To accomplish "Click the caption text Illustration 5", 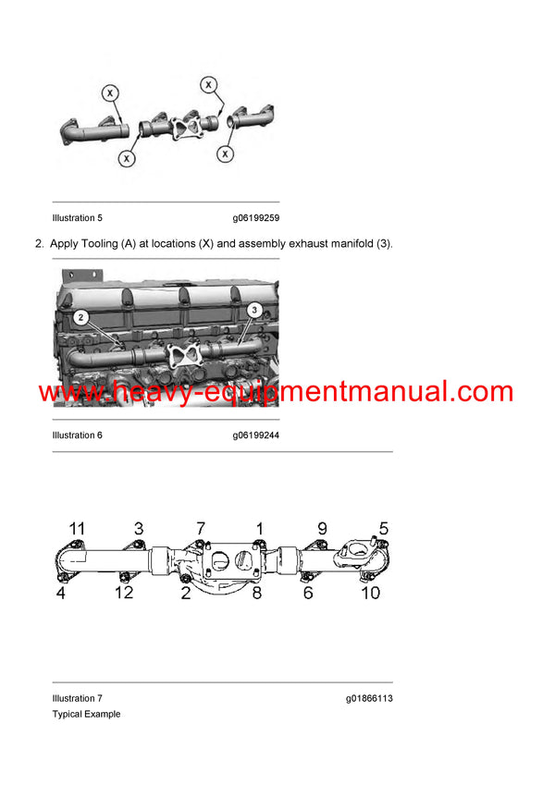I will pyautogui.click(x=78, y=218).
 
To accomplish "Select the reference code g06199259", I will pyautogui.click(x=256, y=218).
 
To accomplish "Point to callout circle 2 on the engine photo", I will pyautogui.click(x=82, y=319).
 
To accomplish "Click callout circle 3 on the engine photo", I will pyautogui.click(x=255, y=310).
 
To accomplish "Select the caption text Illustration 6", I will pyautogui.click(x=78, y=435).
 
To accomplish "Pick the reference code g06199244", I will pyautogui.click(x=256, y=435).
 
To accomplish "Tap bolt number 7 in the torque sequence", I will pyautogui.click(x=200, y=529).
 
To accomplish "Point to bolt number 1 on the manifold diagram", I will pyautogui.click(x=260, y=529).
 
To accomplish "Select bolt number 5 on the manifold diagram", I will pyautogui.click(x=384, y=529).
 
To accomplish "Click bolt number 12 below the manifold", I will pyautogui.click(x=123, y=592).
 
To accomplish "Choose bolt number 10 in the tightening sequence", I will pyautogui.click(x=370, y=592).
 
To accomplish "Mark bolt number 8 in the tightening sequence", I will pyautogui.click(x=257, y=592).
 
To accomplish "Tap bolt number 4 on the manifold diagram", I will pyautogui.click(x=60, y=592).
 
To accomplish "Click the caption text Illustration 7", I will pyautogui.click(x=78, y=698).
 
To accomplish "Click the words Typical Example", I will pyautogui.click(x=86, y=714).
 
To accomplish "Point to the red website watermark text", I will pyautogui.click(x=276, y=392).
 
